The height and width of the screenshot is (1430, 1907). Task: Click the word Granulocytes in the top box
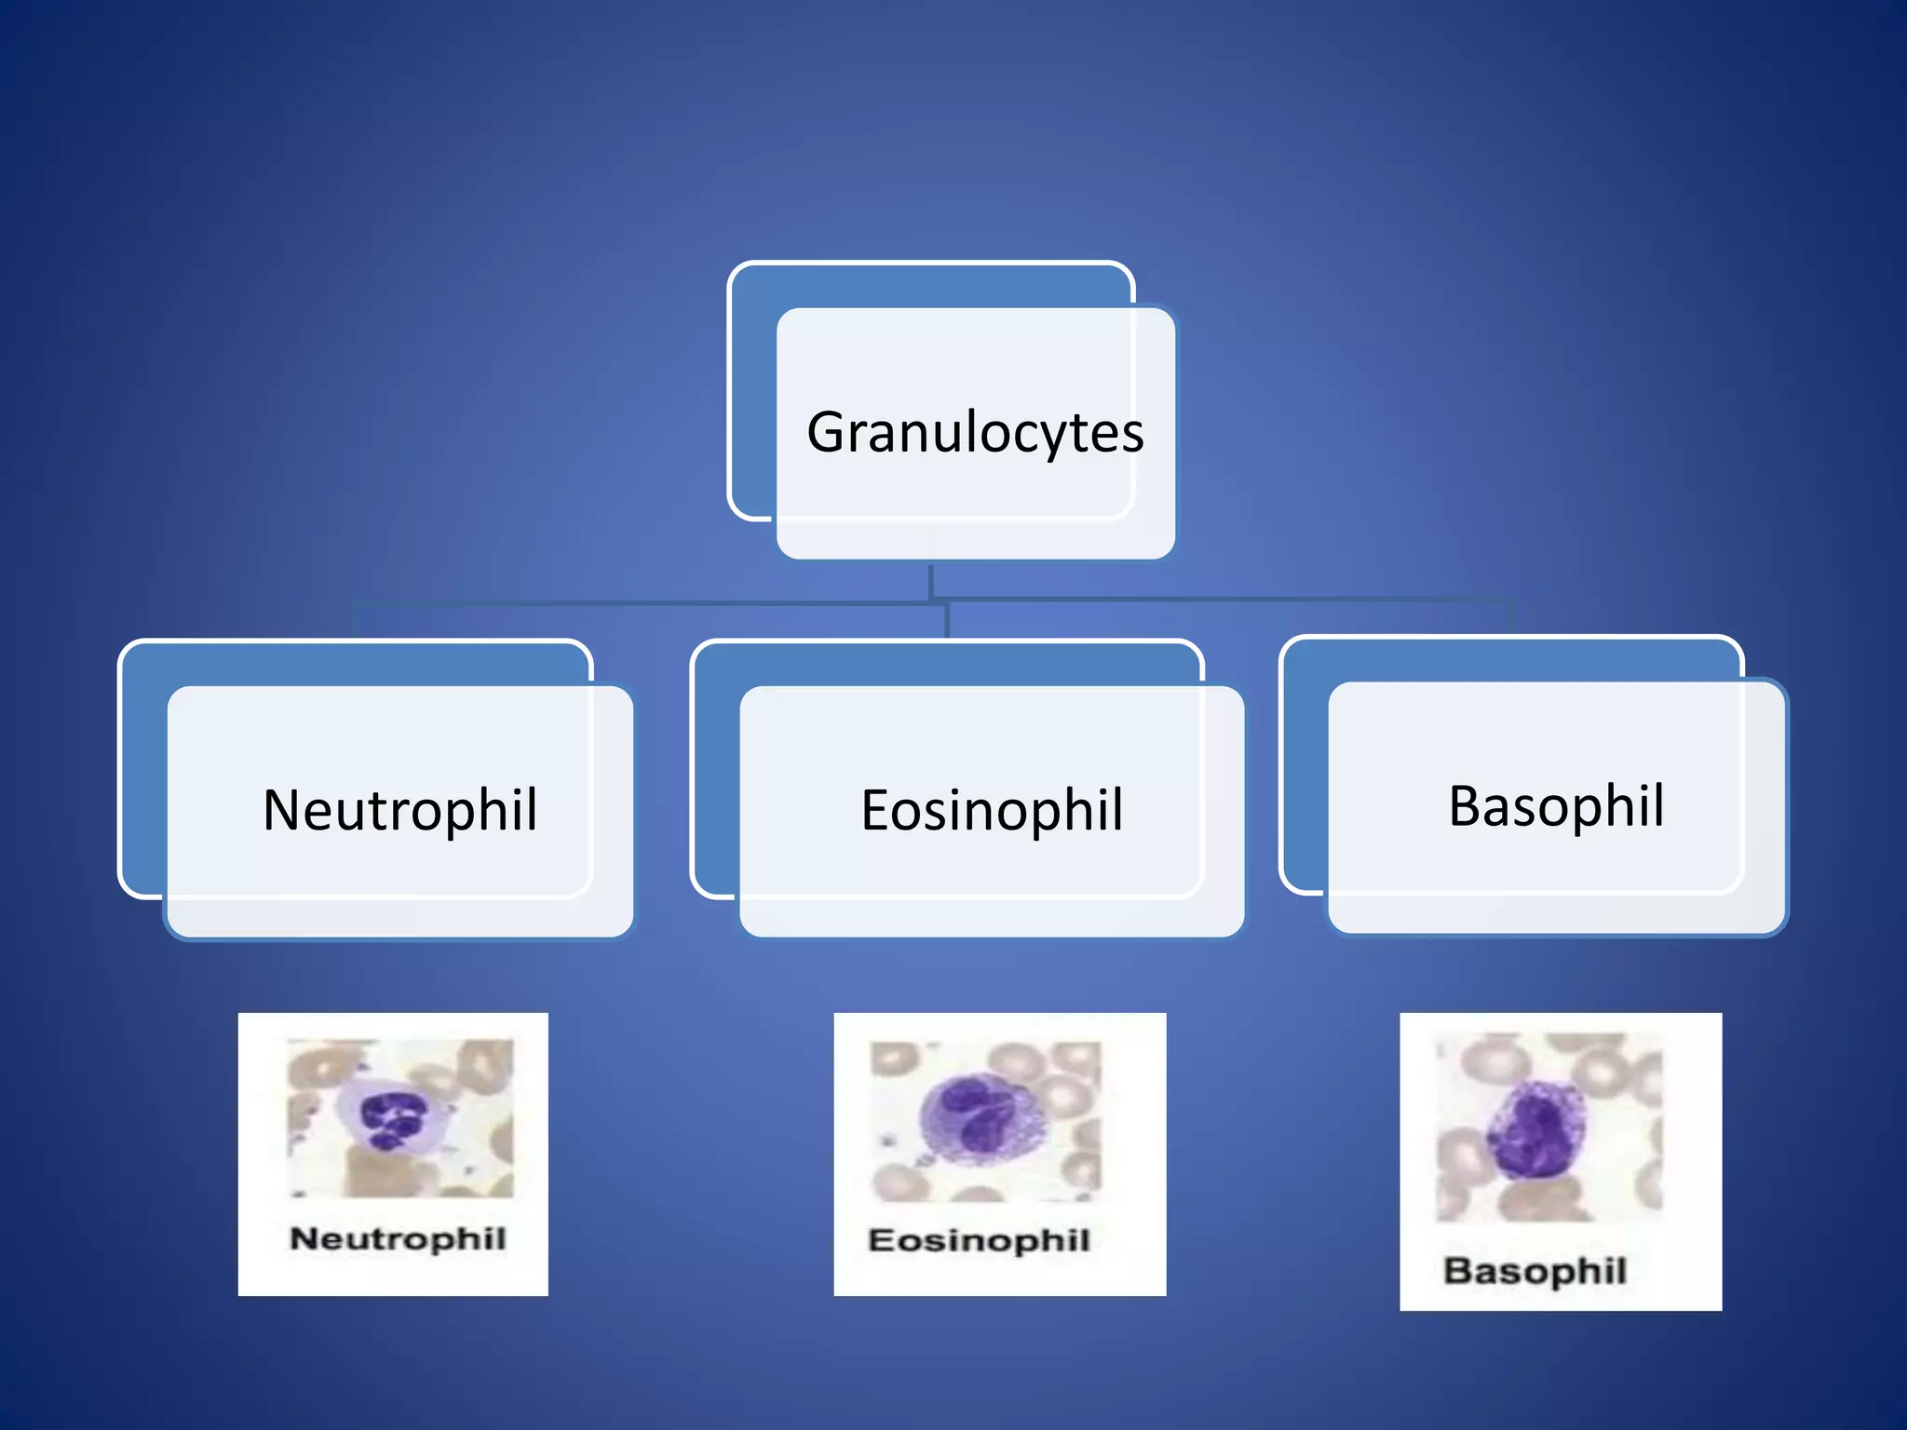pos(975,433)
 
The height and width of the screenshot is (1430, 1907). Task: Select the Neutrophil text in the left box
pos(400,810)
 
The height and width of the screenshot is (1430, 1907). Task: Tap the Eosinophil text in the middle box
pos(992,810)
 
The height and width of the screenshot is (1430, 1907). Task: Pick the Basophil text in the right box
pos(1556,806)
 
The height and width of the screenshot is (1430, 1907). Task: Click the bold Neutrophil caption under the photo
pos(398,1239)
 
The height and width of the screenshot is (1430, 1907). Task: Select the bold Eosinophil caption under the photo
pos(979,1240)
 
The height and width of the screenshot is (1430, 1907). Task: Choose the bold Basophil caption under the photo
pos(1535,1271)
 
